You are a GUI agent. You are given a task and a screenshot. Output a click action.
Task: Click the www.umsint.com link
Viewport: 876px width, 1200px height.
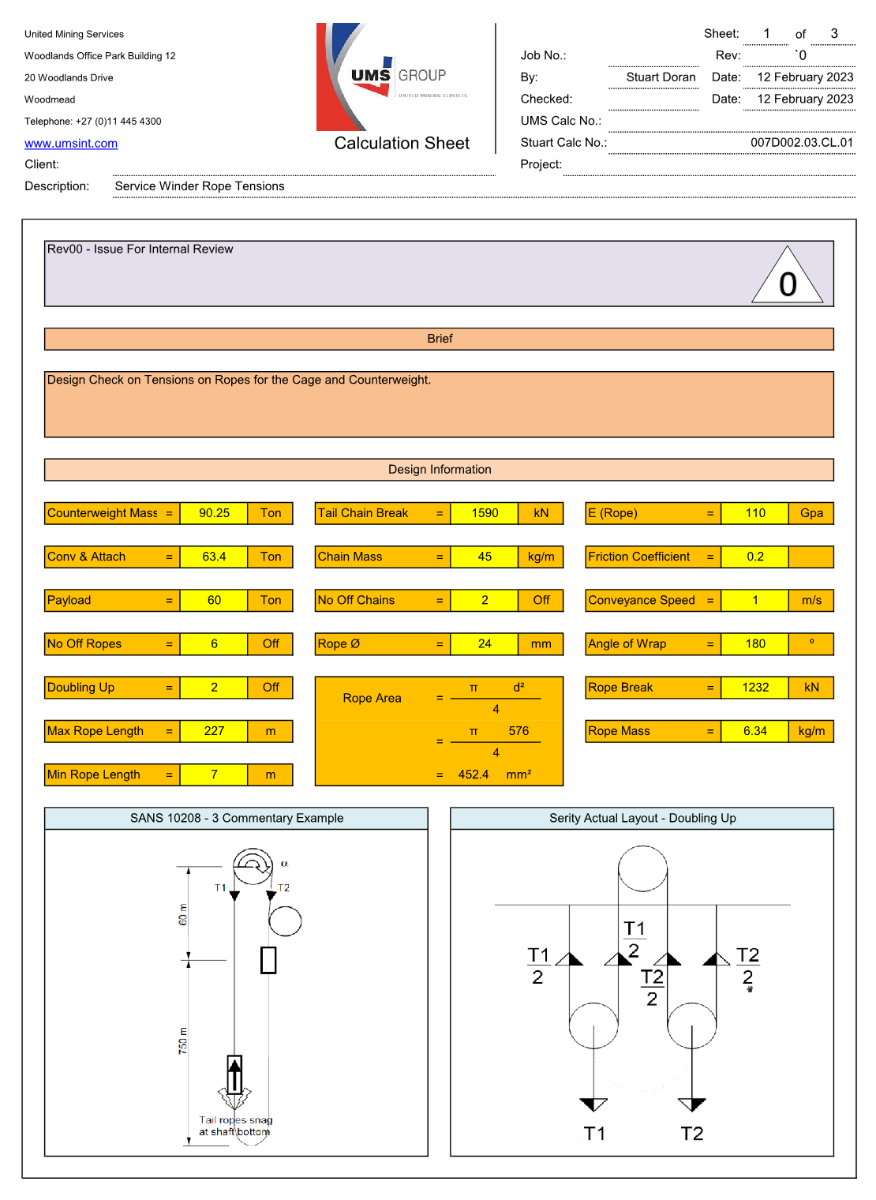coord(71,144)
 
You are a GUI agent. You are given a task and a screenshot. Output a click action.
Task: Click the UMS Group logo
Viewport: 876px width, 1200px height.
coord(394,77)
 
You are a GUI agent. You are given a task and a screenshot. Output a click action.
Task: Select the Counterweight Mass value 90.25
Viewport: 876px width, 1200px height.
coord(214,514)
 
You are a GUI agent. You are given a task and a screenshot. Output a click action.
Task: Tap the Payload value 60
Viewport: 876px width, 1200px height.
coord(214,601)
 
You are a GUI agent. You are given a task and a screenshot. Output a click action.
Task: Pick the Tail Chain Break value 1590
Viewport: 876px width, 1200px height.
coord(485,514)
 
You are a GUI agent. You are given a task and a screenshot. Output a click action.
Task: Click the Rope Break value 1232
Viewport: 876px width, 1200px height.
coord(755,688)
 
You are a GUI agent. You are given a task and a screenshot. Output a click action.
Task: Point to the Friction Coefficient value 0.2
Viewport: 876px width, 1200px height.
coord(755,557)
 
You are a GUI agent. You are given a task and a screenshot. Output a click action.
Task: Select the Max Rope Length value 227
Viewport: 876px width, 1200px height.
coord(214,732)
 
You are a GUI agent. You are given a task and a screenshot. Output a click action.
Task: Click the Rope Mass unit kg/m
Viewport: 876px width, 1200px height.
coord(812,732)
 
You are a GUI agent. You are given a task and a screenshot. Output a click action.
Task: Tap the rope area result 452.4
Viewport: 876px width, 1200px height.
coord(474,775)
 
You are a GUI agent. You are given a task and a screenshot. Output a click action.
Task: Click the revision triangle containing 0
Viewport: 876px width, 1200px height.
coord(788,274)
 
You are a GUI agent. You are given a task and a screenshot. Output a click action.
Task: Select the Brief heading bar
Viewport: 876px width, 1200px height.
coord(440,339)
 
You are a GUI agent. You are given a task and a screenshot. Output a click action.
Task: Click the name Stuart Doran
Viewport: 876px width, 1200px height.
coord(661,77)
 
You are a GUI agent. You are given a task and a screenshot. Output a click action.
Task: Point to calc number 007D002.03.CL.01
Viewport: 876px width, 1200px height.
coord(802,142)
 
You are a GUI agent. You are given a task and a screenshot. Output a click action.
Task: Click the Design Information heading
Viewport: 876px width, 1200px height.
coord(440,470)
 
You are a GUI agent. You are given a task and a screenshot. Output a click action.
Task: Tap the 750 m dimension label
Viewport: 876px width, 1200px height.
coord(183,1041)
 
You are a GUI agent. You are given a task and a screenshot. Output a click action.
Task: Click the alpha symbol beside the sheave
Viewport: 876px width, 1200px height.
coord(284,864)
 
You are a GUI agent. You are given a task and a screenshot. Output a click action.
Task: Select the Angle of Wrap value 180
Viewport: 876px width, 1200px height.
coord(755,644)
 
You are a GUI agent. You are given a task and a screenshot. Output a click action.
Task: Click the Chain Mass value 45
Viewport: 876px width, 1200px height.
coord(485,557)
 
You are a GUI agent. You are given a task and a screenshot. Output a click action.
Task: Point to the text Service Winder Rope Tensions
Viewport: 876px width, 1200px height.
coord(200,186)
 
